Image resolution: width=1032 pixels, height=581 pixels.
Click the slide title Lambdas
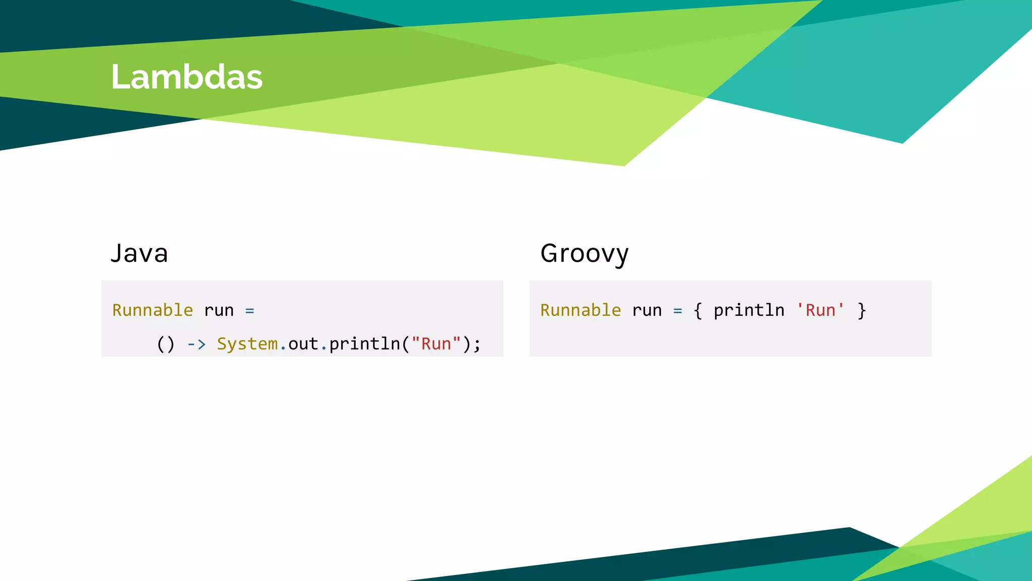(x=186, y=77)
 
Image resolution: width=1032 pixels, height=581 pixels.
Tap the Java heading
(x=139, y=253)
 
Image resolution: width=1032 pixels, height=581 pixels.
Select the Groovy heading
(x=584, y=254)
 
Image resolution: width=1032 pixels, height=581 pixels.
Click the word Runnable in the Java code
(x=152, y=310)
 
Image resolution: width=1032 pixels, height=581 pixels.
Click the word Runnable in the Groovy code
(x=580, y=310)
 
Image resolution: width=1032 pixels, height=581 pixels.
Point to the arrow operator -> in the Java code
(x=197, y=344)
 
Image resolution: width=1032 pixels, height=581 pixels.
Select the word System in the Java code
(x=247, y=344)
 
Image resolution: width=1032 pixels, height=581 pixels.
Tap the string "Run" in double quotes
(x=436, y=344)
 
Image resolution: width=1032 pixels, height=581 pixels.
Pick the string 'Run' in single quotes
(x=820, y=310)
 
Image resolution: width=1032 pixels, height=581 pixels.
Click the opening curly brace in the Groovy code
(x=698, y=311)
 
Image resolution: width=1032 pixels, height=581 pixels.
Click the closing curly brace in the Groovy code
(x=862, y=311)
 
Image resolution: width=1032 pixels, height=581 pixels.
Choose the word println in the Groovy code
(x=749, y=311)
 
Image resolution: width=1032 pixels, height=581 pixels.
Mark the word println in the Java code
(x=365, y=344)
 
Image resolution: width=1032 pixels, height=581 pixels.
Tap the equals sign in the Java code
(x=249, y=311)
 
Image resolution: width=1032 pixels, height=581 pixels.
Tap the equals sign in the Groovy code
(x=678, y=311)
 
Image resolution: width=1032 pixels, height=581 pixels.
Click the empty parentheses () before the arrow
(x=166, y=344)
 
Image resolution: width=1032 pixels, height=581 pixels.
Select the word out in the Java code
(x=303, y=344)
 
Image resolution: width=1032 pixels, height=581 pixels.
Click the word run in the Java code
(x=219, y=311)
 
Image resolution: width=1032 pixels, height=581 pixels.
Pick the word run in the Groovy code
(x=647, y=311)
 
